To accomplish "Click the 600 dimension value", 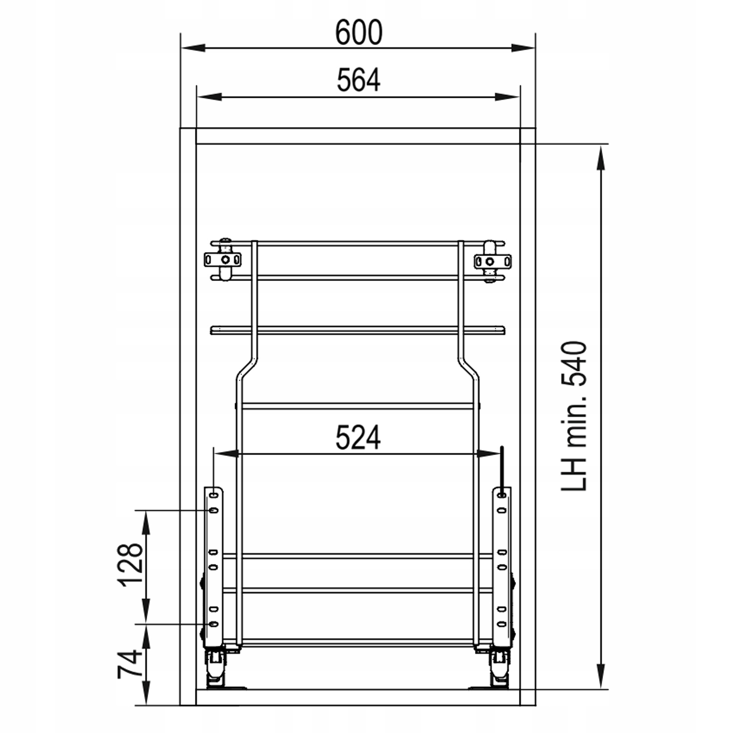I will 358,33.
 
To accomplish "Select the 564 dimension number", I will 358,81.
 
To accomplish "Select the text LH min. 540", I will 574,416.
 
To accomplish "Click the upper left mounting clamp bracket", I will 223,260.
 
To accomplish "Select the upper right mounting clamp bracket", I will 492,261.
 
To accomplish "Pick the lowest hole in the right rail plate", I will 501,624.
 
